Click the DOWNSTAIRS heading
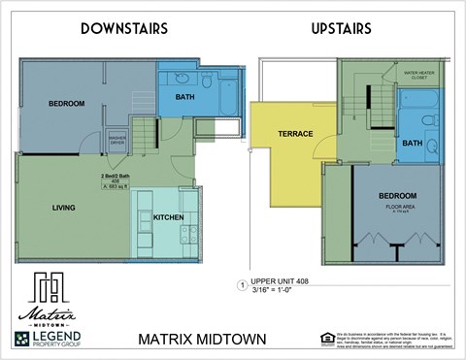[124, 29]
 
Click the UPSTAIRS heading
[341, 29]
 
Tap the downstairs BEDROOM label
[67, 104]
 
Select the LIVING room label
[65, 207]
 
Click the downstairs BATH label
[185, 98]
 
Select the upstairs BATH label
[413, 143]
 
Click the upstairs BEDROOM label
[398, 195]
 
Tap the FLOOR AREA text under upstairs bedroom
[398, 206]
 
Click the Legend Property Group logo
[49, 339]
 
